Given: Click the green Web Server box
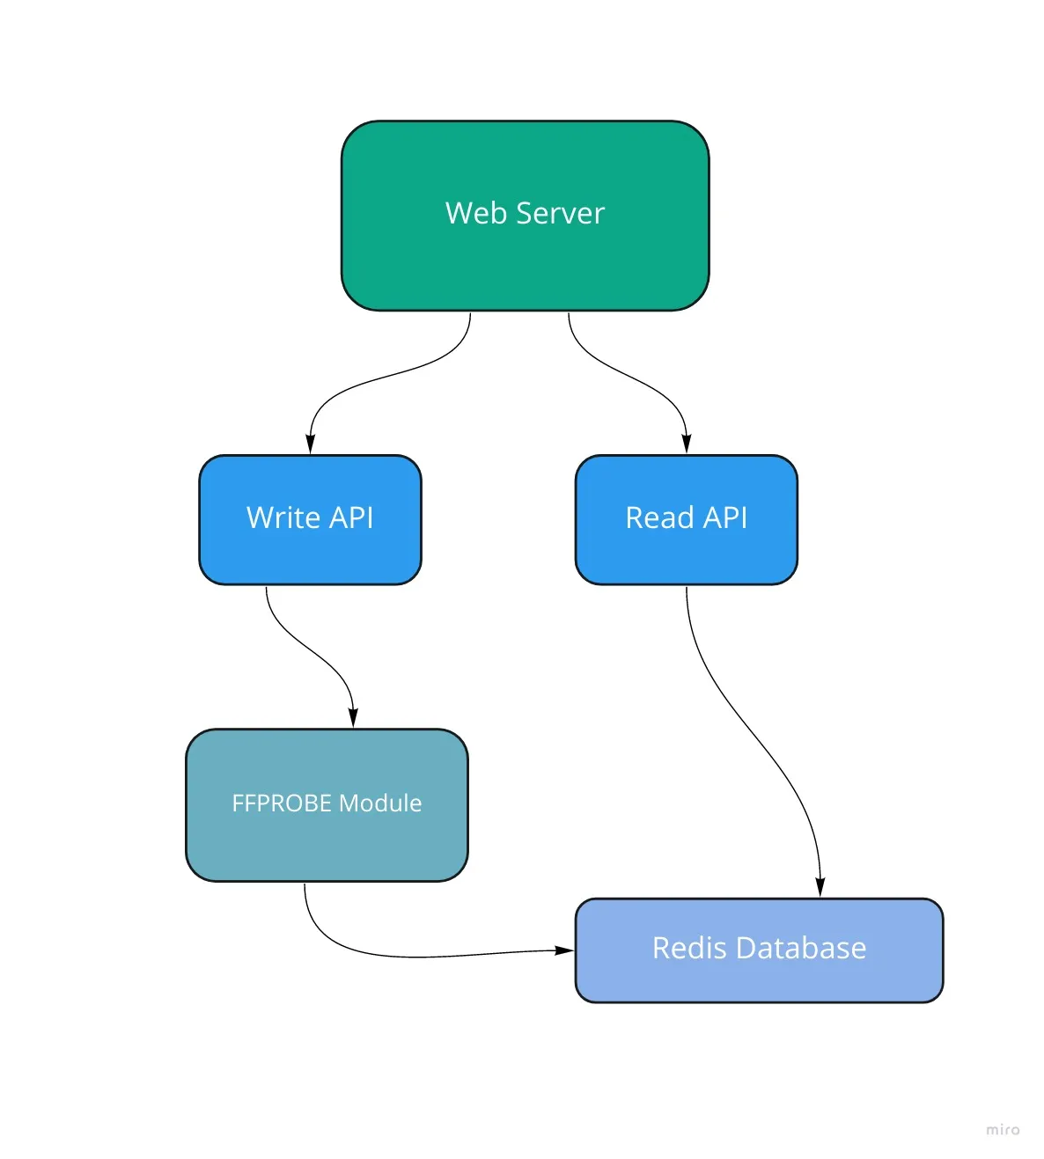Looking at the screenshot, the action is point(525,216).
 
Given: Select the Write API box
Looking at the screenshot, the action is point(310,519).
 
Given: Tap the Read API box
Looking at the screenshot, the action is point(687,519).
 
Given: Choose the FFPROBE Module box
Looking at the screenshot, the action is point(327,805).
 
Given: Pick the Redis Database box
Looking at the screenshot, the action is point(759,950).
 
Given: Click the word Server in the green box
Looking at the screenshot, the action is point(560,213).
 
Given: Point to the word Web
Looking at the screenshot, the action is point(476,213).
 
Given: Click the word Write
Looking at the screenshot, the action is point(283,517).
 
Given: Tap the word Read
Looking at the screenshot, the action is point(659,517).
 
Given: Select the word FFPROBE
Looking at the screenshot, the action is point(282,803).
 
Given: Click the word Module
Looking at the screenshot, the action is point(380,803).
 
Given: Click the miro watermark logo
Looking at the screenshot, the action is point(1003,1130).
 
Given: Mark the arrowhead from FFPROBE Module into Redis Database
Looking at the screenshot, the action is point(564,950).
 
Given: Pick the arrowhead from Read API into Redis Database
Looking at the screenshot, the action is point(820,887).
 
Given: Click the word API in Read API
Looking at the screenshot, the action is point(725,517).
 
